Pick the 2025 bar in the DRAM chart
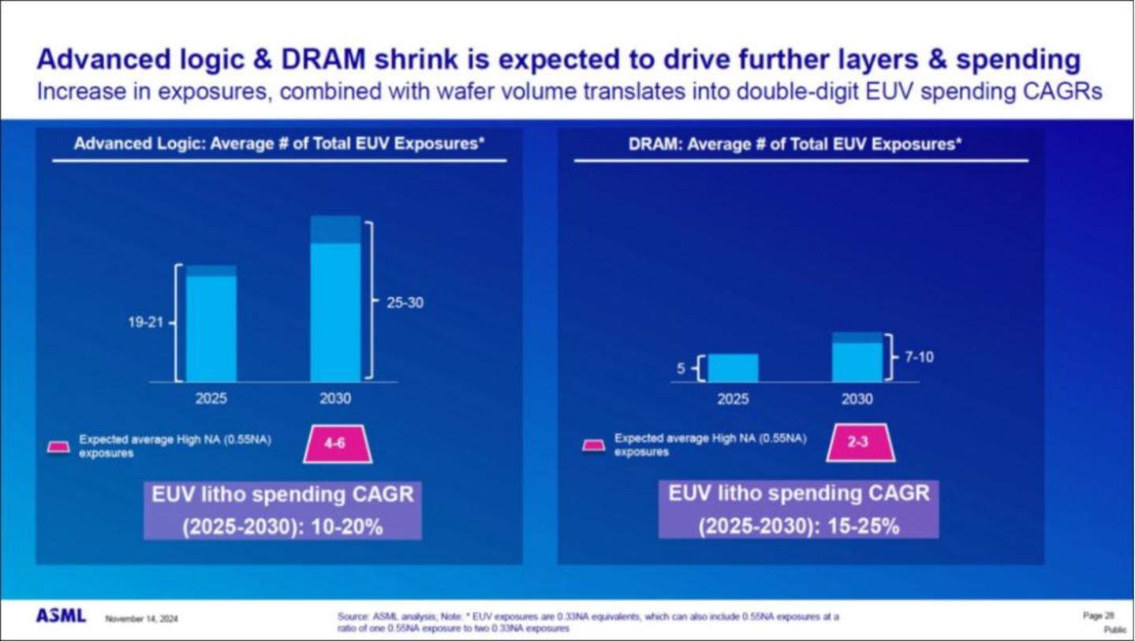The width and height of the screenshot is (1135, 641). [x=733, y=368]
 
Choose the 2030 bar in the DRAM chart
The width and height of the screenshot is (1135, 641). [x=857, y=358]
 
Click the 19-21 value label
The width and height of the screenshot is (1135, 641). [x=146, y=323]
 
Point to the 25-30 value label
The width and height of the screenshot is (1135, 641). [x=405, y=302]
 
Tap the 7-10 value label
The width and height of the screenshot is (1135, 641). [x=919, y=357]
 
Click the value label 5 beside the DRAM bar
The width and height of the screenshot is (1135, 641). [x=681, y=368]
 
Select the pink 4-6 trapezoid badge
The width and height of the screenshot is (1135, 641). [x=337, y=443]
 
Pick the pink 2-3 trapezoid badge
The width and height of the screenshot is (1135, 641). [x=857, y=442]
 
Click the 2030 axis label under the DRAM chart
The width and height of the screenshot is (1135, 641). [x=857, y=399]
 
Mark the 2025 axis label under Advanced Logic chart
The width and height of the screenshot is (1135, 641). [x=211, y=399]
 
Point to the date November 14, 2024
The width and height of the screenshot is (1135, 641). [x=141, y=619]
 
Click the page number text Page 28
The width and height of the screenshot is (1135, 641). [x=1092, y=615]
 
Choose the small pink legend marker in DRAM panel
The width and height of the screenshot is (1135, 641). [x=593, y=445]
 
